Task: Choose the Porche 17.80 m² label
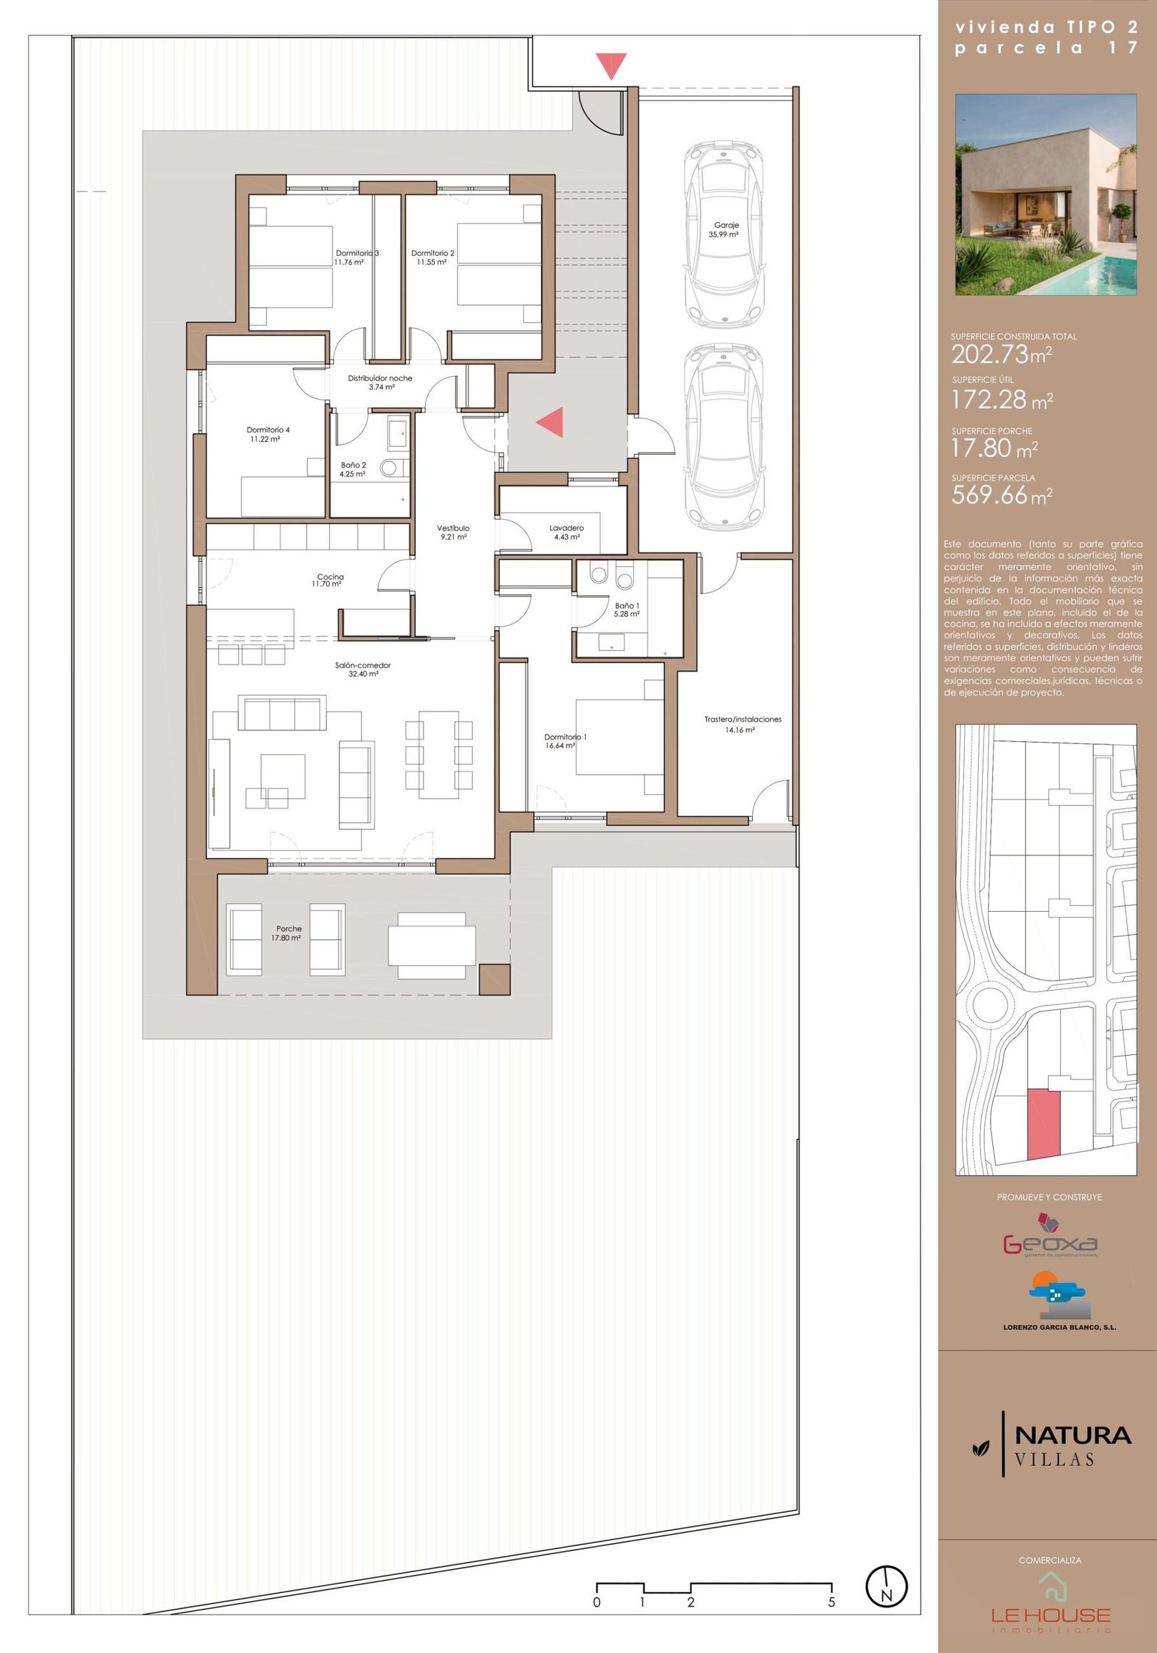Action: click(287, 933)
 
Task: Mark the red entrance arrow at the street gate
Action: click(611, 66)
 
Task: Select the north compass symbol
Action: click(887, 1586)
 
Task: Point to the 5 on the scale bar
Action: click(832, 1602)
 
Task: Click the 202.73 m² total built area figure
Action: click(1001, 354)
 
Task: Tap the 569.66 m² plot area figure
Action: click(1002, 495)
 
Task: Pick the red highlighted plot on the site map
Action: click(1043, 1124)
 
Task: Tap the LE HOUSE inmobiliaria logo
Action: click(1050, 1604)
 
